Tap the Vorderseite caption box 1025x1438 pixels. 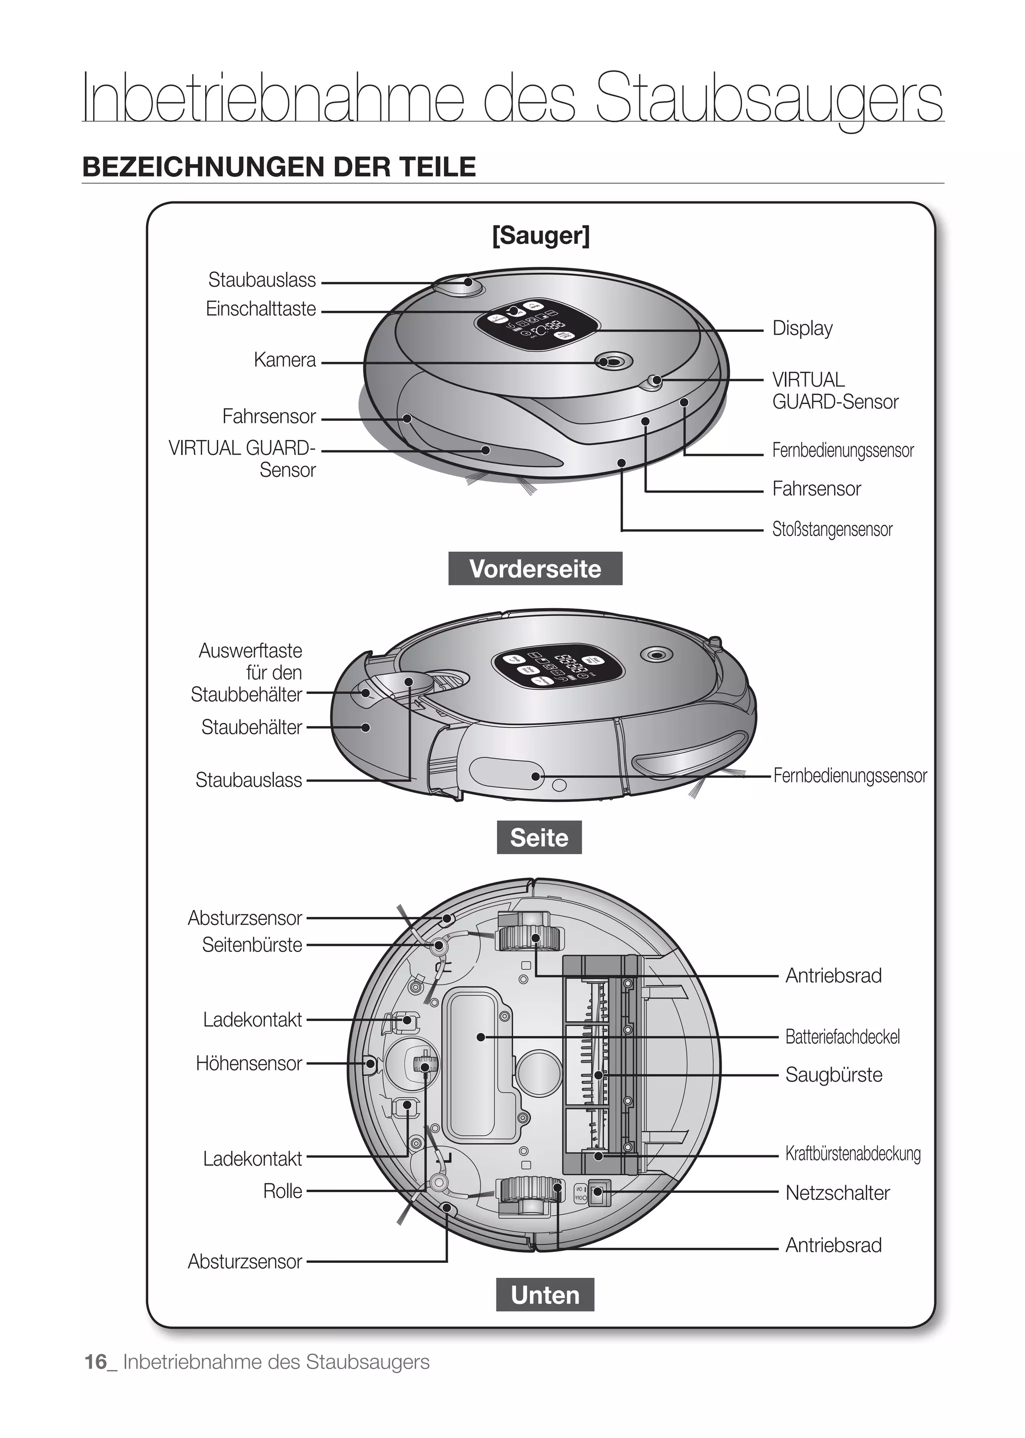coord(535,569)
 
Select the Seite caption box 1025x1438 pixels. coord(539,838)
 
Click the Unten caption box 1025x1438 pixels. coord(545,1295)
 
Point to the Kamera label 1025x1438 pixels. coord(285,360)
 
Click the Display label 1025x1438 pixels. coord(802,328)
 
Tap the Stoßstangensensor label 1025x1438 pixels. coord(832,529)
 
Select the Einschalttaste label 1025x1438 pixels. coord(261,309)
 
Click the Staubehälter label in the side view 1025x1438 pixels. coord(251,727)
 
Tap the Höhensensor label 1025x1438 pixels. coord(249,1063)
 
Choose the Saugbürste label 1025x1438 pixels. coord(833,1075)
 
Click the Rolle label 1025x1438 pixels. coord(282,1191)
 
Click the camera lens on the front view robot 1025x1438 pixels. coord(605,362)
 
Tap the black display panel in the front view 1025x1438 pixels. coord(537,324)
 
